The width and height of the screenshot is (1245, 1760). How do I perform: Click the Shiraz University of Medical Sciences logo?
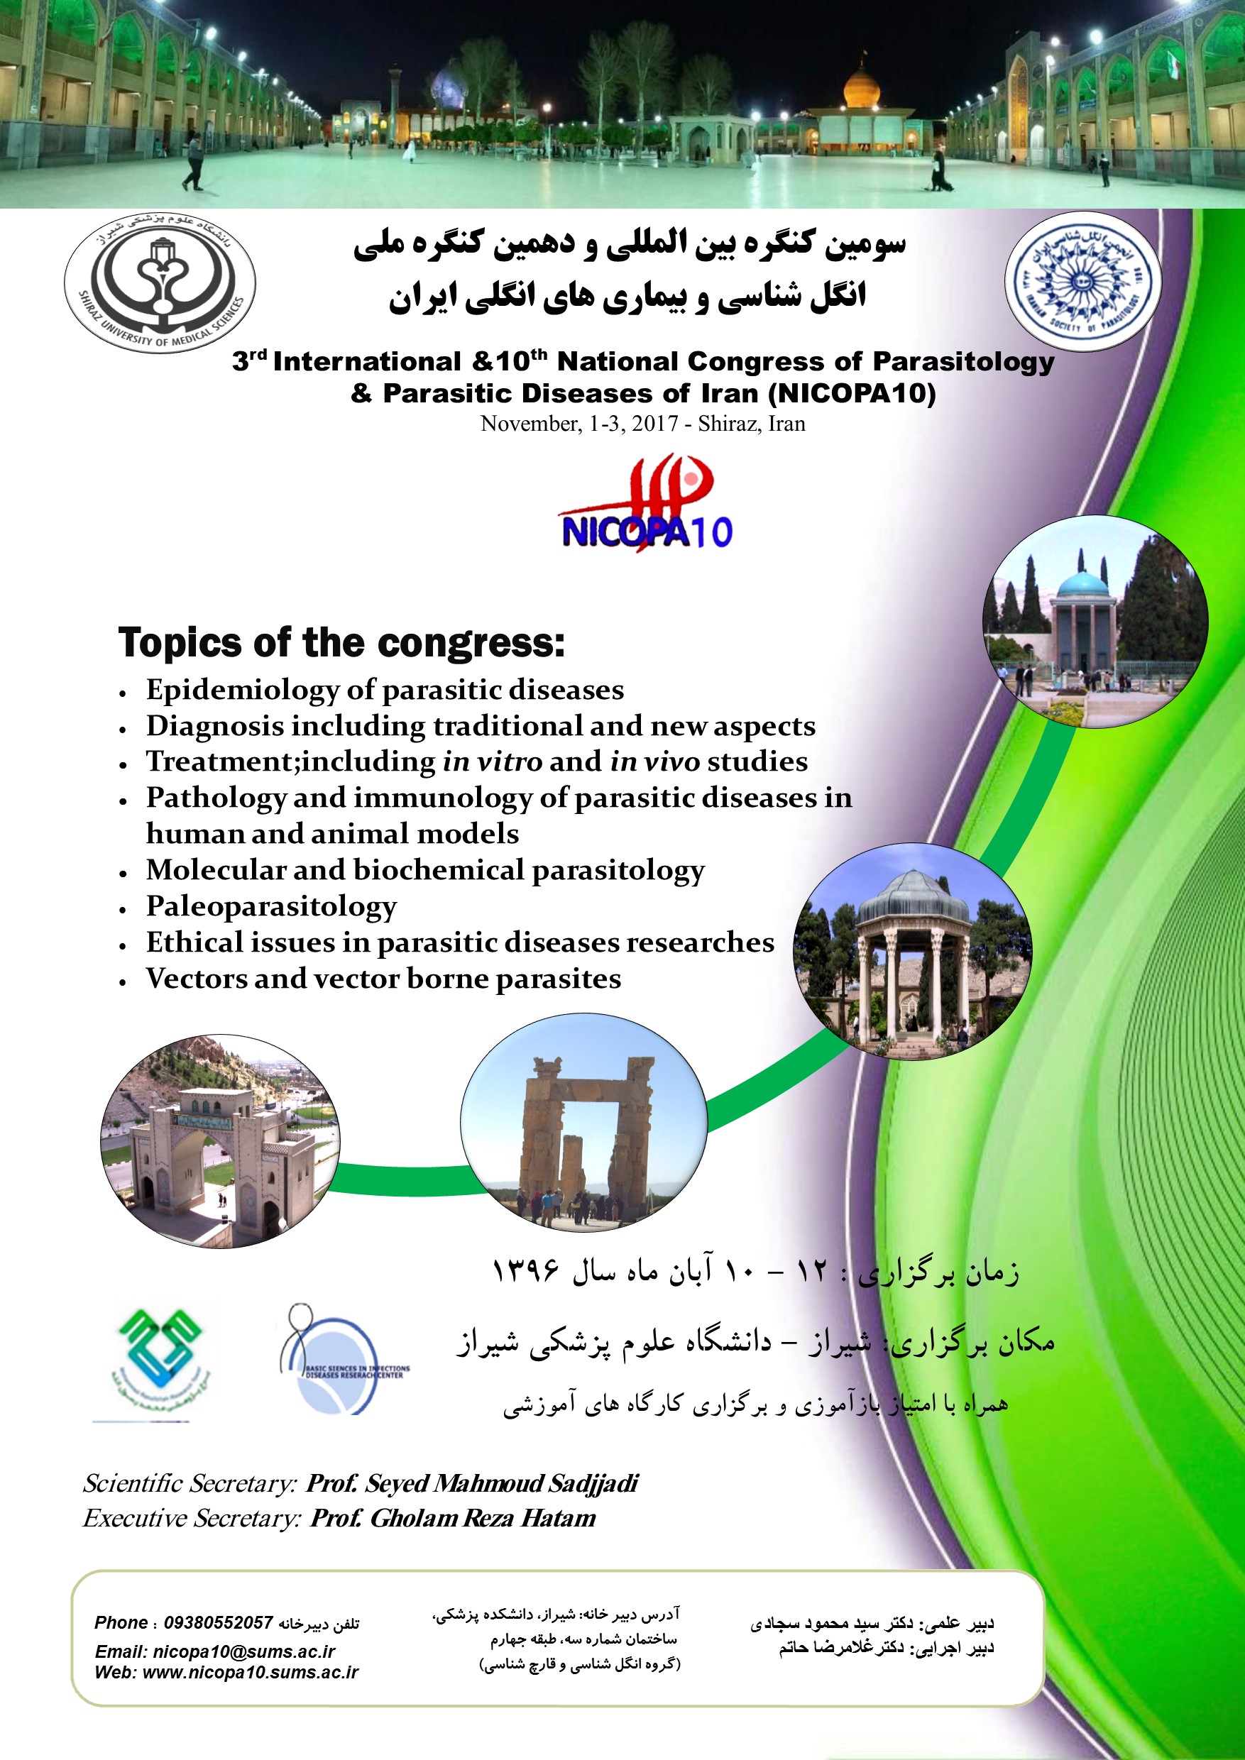click(x=160, y=285)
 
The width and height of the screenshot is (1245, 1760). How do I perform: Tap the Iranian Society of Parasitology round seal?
click(x=1082, y=280)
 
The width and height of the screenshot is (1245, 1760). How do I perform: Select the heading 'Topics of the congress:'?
click(x=341, y=642)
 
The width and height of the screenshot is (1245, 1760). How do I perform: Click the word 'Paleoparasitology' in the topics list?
click(x=271, y=906)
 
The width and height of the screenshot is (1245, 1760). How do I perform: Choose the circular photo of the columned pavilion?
click(x=912, y=951)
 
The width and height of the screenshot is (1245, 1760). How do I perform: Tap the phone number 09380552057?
click(x=219, y=1622)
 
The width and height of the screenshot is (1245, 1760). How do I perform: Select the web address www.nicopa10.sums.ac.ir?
click(x=250, y=1672)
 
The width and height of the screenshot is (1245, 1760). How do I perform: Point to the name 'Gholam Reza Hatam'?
click(x=482, y=1518)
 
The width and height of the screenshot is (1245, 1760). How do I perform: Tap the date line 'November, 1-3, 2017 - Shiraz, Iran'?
click(x=642, y=424)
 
